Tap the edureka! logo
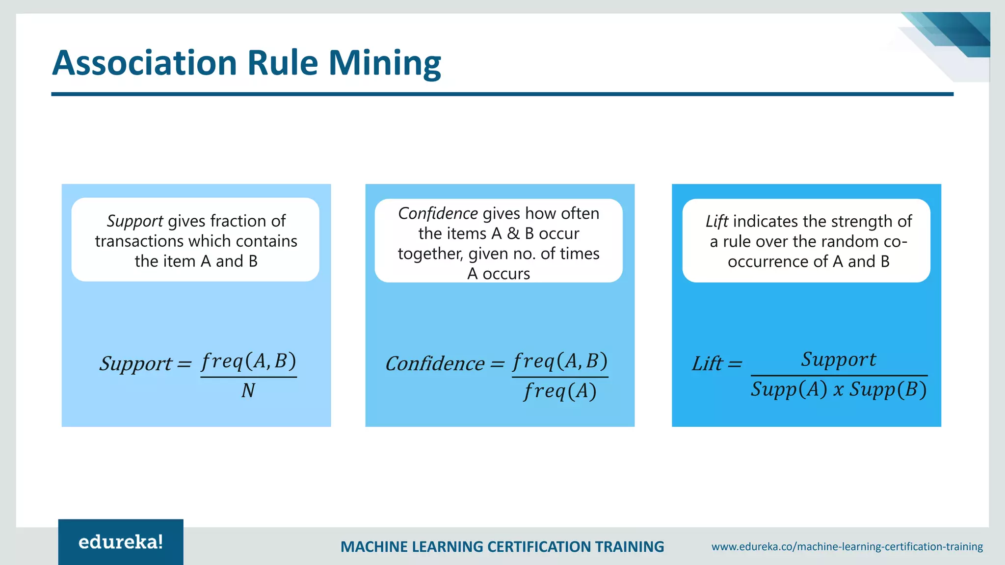click(x=121, y=542)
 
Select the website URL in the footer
click(x=847, y=546)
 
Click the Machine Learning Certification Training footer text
click(x=502, y=546)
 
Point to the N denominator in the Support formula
click(x=248, y=391)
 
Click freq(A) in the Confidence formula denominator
click(x=560, y=391)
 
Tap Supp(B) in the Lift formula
click(x=888, y=389)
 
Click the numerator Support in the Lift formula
click(x=839, y=360)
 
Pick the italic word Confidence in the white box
click(x=438, y=213)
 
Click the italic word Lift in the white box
click(x=716, y=221)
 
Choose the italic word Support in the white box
click(x=135, y=221)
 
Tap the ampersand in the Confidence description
click(x=513, y=233)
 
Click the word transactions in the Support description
click(x=139, y=241)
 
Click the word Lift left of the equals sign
click(x=707, y=363)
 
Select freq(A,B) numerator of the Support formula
click(x=248, y=361)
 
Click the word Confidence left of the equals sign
click(x=435, y=363)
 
